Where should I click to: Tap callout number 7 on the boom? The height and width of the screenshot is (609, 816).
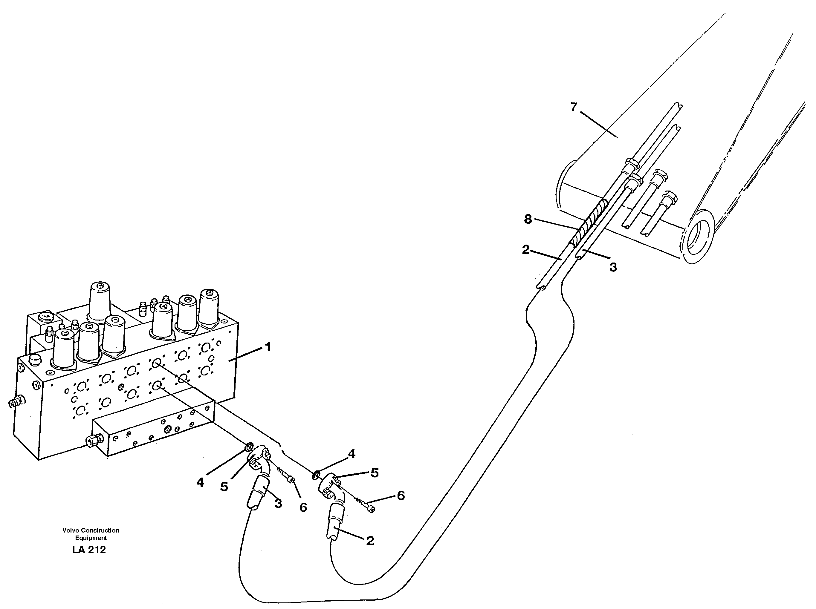click(573, 107)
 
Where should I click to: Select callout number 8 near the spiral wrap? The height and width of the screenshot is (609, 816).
click(528, 219)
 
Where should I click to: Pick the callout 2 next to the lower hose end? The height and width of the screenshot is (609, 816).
click(370, 541)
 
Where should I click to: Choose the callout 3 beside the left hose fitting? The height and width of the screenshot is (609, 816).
click(278, 504)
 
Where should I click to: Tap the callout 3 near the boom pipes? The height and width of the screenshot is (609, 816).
click(613, 267)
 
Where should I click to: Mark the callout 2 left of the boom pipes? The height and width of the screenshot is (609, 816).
click(526, 250)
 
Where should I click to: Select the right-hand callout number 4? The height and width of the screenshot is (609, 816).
click(352, 454)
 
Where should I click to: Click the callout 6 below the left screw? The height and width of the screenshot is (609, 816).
click(303, 508)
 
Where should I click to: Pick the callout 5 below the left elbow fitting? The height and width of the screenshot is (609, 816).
click(224, 487)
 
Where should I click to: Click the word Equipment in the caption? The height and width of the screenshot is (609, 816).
click(91, 538)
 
